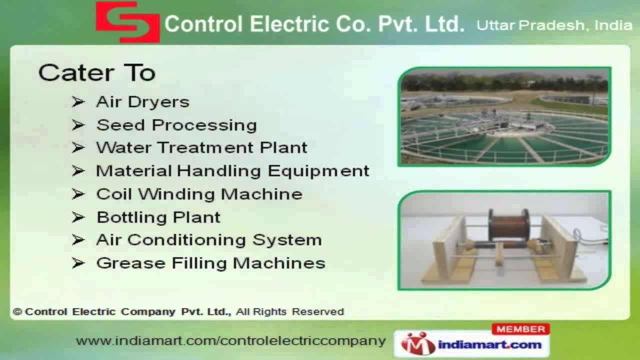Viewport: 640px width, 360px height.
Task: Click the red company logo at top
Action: pos(128,21)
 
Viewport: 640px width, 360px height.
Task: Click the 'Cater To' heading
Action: pos(96,73)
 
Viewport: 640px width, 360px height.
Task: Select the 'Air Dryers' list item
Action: pos(142,102)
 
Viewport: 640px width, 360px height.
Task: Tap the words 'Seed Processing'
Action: pos(176,125)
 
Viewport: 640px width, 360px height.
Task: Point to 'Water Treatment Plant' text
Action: pos(201,148)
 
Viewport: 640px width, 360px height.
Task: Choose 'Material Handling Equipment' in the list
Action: pos(232,171)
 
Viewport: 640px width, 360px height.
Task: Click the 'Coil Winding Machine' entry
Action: pos(199,194)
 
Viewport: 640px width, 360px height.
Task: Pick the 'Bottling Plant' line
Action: pos(158,217)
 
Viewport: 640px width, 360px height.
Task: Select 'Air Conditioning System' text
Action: pos(208,240)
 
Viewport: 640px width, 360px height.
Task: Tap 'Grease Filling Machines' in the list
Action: pos(210,263)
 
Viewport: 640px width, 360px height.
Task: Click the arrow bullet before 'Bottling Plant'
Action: pos(78,217)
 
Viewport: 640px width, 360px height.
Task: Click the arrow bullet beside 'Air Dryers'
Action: pos(78,102)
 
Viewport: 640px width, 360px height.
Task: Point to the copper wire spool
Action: pos(507,224)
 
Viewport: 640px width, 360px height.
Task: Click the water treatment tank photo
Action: pos(504,116)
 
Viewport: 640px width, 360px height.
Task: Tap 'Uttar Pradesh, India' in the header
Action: pos(554,25)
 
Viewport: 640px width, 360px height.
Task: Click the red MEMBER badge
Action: pos(520,329)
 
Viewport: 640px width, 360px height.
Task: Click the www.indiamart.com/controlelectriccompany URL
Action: pos(230,341)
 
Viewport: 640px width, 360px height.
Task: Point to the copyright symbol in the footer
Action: pos(18,312)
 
